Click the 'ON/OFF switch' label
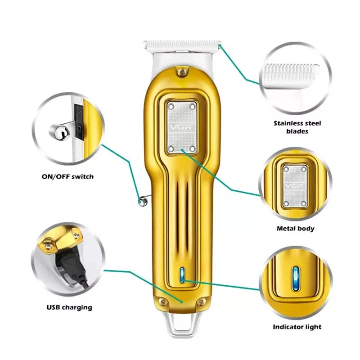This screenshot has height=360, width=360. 68,177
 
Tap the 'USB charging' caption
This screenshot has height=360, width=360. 69,307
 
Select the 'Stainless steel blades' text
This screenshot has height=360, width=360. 297,127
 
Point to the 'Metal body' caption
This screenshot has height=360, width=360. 295,229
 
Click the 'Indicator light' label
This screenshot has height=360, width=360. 297,327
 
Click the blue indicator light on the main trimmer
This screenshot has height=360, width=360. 183,275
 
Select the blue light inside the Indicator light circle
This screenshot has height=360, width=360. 296,278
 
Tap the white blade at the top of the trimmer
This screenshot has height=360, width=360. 182,45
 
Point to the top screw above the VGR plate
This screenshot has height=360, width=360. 182,73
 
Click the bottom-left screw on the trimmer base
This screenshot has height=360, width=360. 163,302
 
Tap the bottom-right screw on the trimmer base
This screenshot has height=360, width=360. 201,302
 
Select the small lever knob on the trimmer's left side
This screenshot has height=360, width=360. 143,201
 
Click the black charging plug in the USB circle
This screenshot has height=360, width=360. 71,266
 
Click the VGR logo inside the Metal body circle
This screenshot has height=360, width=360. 295,186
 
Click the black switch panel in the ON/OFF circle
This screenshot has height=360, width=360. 78,122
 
